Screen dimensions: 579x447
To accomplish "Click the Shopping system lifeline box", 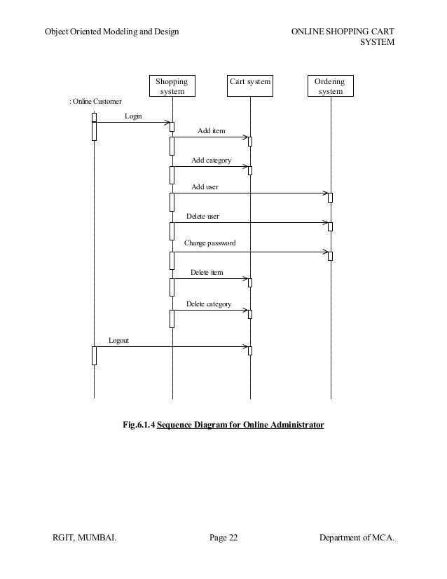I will tap(172, 86).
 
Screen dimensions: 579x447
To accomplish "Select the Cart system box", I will tap(250, 83).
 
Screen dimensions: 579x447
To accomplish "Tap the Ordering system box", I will tap(330, 86).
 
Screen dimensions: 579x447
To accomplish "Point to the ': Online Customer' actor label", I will tap(95, 102).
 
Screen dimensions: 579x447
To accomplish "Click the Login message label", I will tap(132, 116).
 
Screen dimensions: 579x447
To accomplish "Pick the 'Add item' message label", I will tap(211, 131).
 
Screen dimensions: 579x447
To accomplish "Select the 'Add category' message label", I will tap(211, 161).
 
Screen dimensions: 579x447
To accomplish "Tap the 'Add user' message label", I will tap(205, 187).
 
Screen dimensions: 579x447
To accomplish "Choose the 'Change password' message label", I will tap(209, 243).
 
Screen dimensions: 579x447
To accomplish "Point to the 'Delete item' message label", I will tap(207, 272).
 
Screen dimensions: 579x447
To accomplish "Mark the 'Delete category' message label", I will tap(208, 304).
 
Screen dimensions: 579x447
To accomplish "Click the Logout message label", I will tap(118, 340).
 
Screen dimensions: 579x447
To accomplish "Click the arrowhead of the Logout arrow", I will tap(247, 346).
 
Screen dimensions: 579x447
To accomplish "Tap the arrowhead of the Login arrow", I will tap(168, 123).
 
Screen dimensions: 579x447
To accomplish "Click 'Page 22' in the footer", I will tap(224, 538).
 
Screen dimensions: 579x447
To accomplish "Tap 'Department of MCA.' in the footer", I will tap(356, 538).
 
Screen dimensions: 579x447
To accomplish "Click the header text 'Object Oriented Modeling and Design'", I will tap(111, 32).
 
